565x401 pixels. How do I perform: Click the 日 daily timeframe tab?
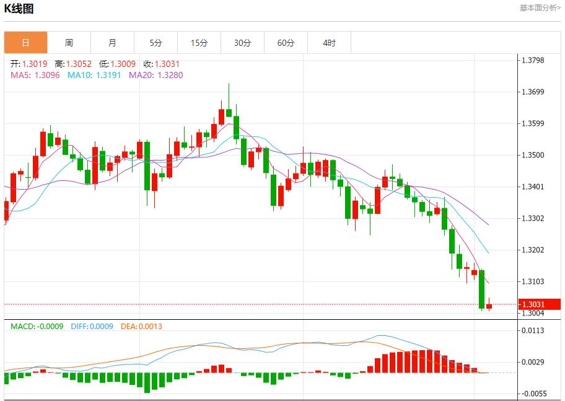[x=25, y=43]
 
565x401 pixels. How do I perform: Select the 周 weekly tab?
[x=69, y=43]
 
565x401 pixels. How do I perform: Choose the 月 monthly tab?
[x=112, y=43]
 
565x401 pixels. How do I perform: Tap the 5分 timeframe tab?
[x=155, y=43]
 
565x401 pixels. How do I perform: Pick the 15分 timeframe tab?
[x=199, y=43]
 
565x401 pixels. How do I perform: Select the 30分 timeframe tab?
[x=242, y=43]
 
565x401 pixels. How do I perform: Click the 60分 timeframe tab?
[x=286, y=43]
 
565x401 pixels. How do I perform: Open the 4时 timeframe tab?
[x=329, y=43]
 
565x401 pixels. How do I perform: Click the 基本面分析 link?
[x=540, y=8]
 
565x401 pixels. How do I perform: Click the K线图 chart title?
[x=19, y=9]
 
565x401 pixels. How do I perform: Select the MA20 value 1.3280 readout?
[x=156, y=75]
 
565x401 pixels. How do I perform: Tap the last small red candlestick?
[x=489, y=306]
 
